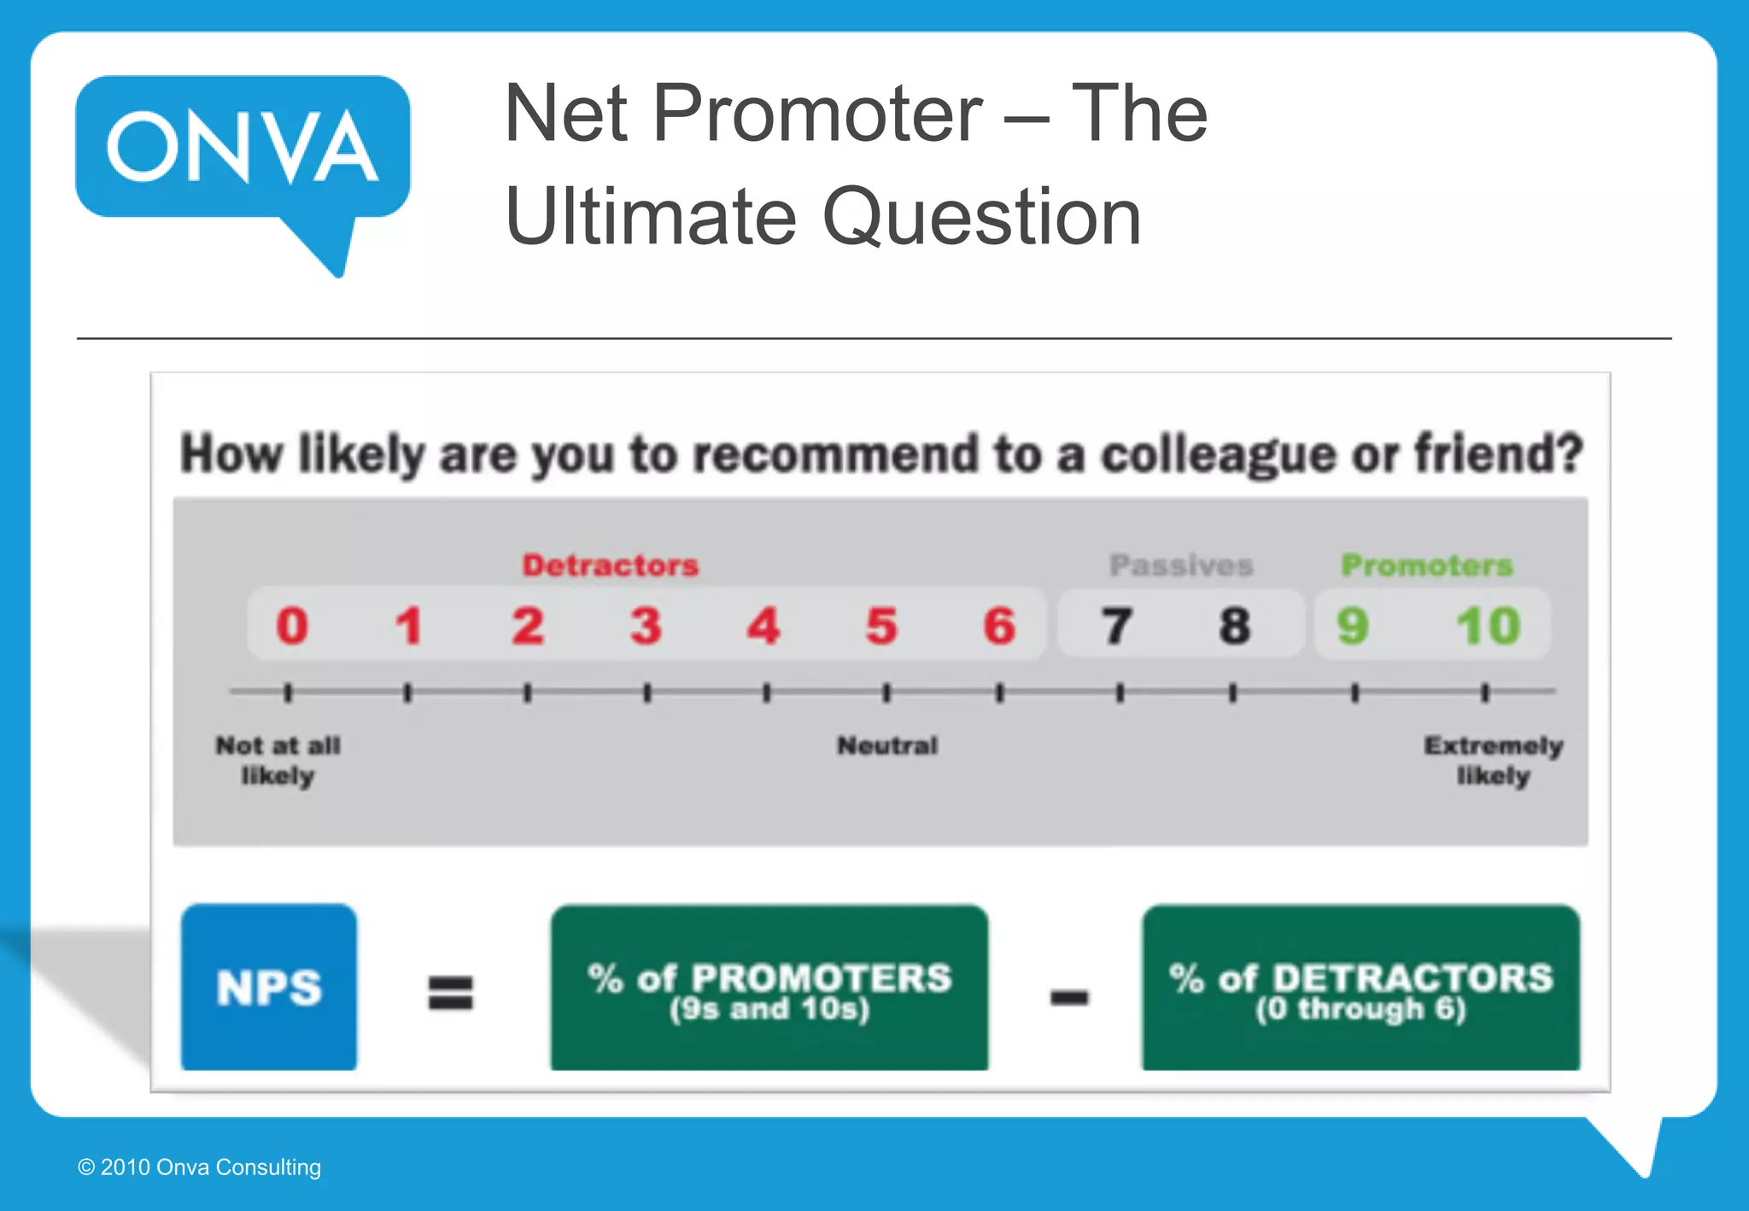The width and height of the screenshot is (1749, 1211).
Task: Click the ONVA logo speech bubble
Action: click(243, 147)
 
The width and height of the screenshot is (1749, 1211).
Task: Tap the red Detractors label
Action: click(611, 565)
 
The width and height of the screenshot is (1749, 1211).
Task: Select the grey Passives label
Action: click(1181, 565)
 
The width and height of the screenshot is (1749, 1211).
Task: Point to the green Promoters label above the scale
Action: click(1426, 565)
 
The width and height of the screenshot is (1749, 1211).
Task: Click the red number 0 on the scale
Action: click(292, 625)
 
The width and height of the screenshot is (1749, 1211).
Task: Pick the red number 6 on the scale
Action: click(999, 625)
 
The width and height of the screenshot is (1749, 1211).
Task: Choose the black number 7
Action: click(1117, 625)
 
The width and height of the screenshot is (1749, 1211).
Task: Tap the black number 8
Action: click(1235, 625)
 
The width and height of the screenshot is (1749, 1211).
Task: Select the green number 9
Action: click(1353, 625)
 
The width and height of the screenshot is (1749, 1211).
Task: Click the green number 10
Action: click(1488, 625)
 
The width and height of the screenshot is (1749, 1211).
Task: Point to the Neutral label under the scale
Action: click(887, 746)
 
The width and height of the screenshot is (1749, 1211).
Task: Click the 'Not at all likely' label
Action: click(278, 760)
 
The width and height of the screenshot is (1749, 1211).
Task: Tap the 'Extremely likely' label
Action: click(1494, 760)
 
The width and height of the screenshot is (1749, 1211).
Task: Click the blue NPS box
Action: click(269, 987)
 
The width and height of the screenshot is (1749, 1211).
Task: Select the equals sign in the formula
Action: click(450, 993)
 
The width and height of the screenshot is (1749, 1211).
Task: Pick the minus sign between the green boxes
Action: click(1069, 997)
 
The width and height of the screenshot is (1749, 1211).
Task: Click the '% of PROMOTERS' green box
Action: click(769, 988)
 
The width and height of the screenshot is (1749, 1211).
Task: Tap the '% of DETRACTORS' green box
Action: click(1360, 988)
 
